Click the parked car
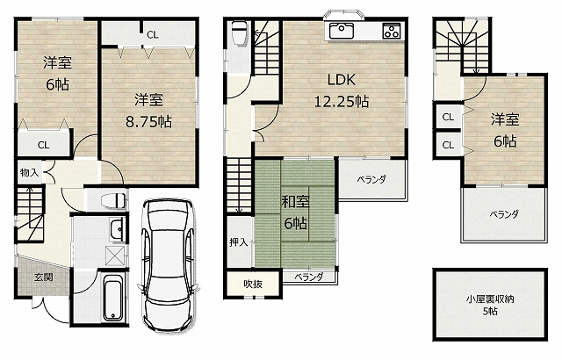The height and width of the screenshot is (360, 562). click(x=168, y=265)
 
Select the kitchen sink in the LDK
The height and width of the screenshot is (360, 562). click(x=342, y=31)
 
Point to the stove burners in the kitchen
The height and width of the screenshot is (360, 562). click(x=392, y=31)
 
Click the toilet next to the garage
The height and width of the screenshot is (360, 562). click(x=113, y=200)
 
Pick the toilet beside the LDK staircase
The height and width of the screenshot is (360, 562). click(x=239, y=33)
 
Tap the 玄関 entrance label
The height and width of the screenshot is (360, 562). click(x=44, y=277)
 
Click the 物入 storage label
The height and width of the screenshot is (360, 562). click(x=29, y=173)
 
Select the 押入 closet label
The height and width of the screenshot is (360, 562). click(x=238, y=242)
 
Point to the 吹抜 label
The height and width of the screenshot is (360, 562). click(x=253, y=284)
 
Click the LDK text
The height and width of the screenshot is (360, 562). click(x=342, y=80)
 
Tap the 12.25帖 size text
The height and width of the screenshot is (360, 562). click(x=342, y=102)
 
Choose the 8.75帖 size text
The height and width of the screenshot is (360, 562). click(x=148, y=122)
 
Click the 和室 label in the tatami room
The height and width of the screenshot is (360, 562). click(x=295, y=202)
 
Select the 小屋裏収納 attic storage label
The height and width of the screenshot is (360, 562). click(x=490, y=299)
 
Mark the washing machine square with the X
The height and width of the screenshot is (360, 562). click(x=115, y=256)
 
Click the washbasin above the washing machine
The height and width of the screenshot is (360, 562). click(x=116, y=229)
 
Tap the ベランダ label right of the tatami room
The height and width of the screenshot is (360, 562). click(x=371, y=179)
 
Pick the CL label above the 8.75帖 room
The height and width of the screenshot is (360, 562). click(x=152, y=35)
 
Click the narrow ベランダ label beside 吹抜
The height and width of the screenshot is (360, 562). click(x=309, y=277)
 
